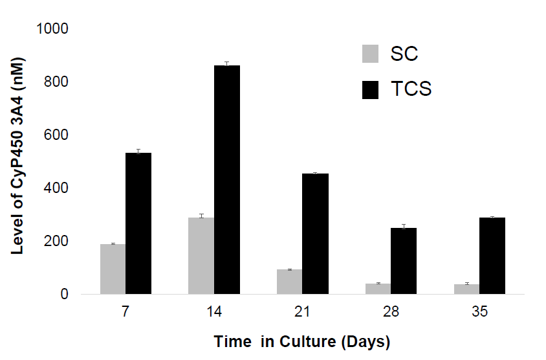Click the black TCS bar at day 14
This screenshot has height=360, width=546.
pos(227,180)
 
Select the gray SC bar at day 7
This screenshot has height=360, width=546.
pos(113,269)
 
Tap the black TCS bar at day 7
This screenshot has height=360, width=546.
pos(138,223)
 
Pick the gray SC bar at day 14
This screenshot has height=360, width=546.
pos(201,256)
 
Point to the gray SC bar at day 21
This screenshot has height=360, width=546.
pos(290,282)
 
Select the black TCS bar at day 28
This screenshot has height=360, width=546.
pos(404,261)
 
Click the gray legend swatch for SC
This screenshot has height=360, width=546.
pos(370,54)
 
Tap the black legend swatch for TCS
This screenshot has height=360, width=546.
pos(370,89)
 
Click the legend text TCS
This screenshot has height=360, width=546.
pos(411,89)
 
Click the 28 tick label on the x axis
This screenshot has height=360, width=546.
pos(391,312)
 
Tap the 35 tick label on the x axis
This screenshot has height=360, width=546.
pos(479,312)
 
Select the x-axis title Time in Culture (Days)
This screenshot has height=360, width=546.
pos(302,341)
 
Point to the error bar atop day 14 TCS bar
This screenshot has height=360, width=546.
pos(227,63)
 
